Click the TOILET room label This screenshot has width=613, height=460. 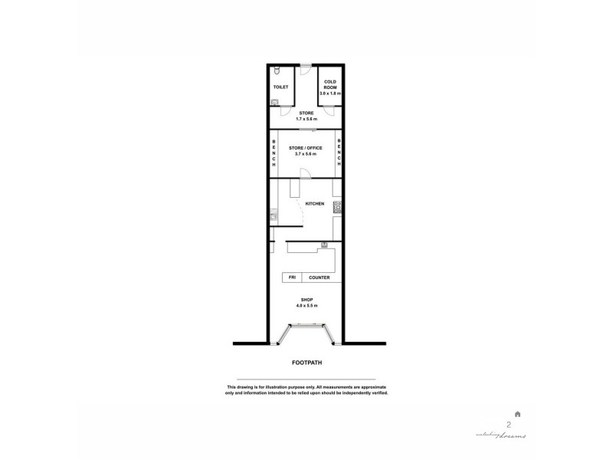[x=280, y=87]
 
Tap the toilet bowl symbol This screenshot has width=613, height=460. [x=277, y=71]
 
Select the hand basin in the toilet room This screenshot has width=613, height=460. [x=274, y=100]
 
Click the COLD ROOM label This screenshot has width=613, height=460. [x=329, y=84]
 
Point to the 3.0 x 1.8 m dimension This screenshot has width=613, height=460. [x=329, y=93]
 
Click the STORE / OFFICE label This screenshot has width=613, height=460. [x=305, y=147]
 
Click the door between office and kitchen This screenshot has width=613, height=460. [x=304, y=173]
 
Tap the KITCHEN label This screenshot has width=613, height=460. [x=315, y=204]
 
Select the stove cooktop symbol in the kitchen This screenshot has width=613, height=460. [x=336, y=205]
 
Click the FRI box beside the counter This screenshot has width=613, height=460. [x=291, y=278]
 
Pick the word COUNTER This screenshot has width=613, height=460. [x=319, y=278]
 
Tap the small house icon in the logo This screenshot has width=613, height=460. [x=518, y=414]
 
